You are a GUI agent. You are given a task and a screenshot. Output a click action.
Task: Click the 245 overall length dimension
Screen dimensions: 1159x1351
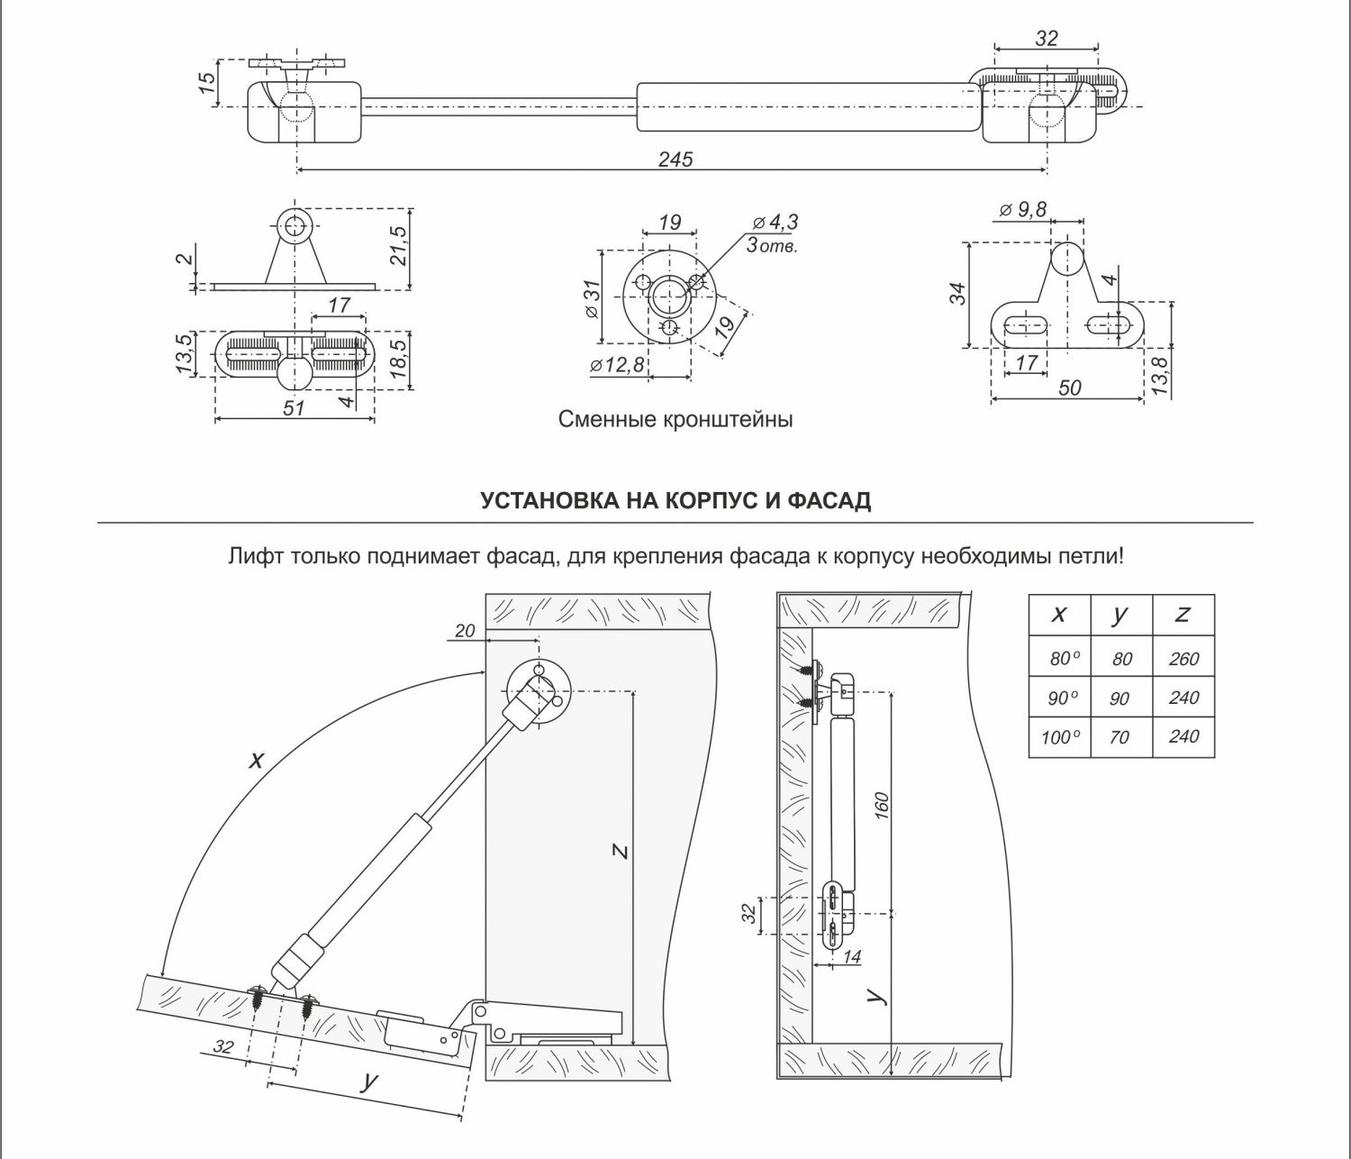point(675,160)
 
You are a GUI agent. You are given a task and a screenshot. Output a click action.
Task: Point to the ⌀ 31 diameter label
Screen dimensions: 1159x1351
point(592,297)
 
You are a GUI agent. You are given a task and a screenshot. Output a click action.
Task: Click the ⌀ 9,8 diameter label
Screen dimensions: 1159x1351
point(1022,209)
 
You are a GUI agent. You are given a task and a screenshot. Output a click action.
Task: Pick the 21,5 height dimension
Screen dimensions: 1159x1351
point(400,246)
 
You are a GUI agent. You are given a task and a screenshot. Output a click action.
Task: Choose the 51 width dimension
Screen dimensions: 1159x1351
point(295,407)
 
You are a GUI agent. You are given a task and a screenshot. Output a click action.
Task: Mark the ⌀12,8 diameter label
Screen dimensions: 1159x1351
point(618,365)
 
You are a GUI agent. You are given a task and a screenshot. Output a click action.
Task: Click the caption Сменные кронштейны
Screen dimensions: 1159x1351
point(675,420)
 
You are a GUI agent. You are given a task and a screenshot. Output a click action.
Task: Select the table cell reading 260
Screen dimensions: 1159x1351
point(1183,659)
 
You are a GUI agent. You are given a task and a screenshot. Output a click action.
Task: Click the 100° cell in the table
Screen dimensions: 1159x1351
point(1060,738)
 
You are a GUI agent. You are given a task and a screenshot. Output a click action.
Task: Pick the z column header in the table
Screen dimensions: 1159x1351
point(1183,615)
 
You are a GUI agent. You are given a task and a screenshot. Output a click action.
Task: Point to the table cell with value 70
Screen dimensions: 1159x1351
point(1120,738)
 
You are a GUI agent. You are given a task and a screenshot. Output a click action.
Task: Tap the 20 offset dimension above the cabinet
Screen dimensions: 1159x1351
point(465,631)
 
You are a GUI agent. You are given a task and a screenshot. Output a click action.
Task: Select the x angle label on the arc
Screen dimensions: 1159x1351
point(257,760)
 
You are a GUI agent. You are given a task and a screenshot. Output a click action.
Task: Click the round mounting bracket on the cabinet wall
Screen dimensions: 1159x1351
point(538,688)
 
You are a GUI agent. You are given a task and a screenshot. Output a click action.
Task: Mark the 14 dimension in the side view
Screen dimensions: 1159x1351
point(851,956)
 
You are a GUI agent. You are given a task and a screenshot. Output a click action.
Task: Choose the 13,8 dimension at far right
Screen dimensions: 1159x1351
point(1159,373)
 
